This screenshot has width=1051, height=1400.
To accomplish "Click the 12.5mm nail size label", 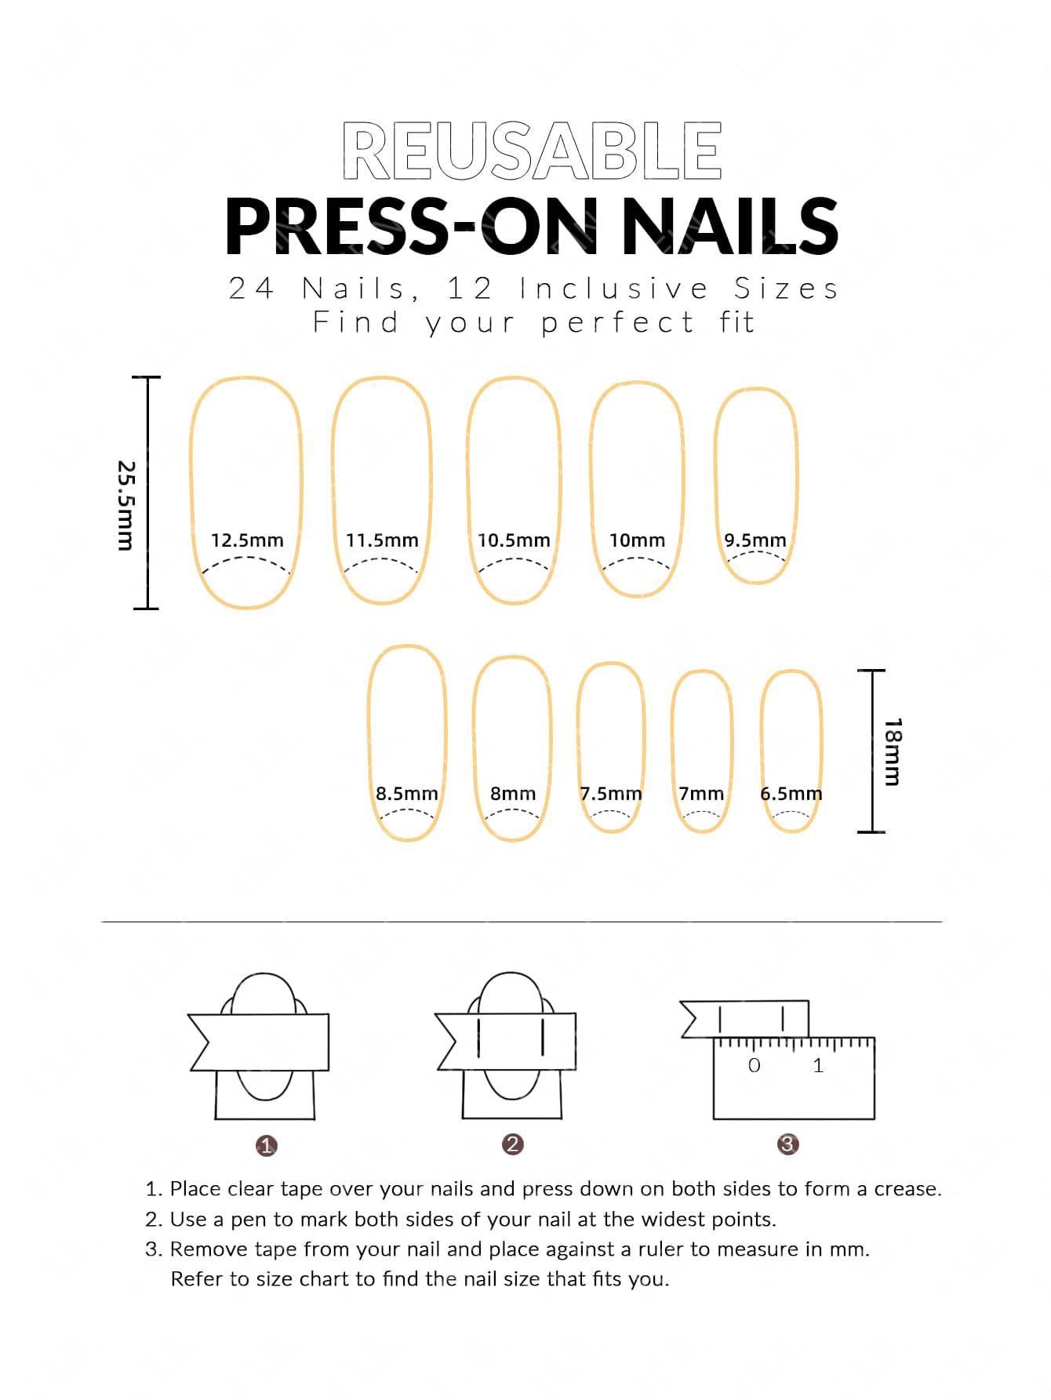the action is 247,540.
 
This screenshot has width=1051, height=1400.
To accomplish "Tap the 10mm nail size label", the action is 637,540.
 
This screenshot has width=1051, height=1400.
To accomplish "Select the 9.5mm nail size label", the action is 755,540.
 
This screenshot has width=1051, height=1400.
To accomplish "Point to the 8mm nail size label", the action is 513,794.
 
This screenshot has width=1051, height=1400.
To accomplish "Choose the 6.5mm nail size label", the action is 791,794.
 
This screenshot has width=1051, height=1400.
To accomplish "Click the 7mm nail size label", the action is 701,794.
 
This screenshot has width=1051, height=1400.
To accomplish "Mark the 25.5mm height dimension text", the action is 125,505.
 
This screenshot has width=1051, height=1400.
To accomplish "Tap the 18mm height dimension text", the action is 893,751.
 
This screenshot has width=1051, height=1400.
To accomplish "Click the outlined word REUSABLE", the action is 532,151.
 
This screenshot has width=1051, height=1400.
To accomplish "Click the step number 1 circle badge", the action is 267,1146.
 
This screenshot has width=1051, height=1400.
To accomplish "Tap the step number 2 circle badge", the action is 512,1144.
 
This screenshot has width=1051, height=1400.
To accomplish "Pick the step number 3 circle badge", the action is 787,1144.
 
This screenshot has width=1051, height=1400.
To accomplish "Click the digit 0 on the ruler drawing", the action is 754,1065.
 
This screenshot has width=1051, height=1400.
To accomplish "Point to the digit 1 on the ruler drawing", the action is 818,1065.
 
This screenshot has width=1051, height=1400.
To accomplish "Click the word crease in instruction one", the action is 907,1189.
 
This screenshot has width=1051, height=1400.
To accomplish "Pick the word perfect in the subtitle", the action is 617,322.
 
